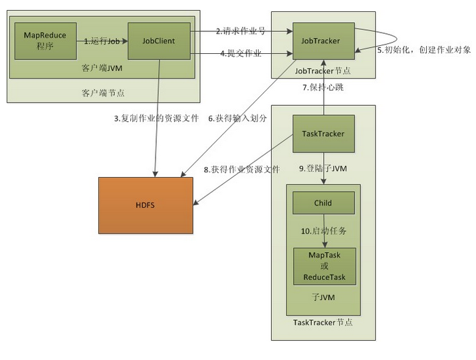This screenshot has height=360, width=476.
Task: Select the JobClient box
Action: tap(159, 41)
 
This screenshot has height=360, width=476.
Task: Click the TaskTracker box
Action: tap(323, 134)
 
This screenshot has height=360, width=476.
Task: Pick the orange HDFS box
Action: tap(146, 206)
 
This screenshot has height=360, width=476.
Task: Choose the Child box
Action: tap(322, 202)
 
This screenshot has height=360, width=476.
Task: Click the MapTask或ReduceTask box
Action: tap(323, 266)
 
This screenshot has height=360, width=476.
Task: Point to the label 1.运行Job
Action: tap(102, 41)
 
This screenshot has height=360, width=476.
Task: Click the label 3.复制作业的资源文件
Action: tap(156, 118)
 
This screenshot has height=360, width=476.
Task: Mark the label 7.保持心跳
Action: tap(324, 87)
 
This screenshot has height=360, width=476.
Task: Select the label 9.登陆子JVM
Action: tap(324, 169)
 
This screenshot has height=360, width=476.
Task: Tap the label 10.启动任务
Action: tap(323, 231)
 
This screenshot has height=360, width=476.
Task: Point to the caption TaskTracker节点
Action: tap(323, 322)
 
